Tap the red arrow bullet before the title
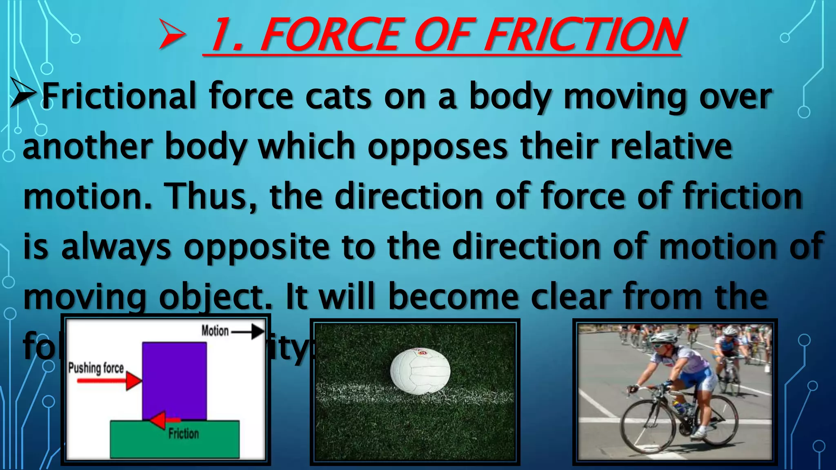coord(172,35)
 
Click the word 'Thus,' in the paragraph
coord(211,197)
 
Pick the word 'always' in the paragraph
coord(116,247)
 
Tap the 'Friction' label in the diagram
coord(184,433)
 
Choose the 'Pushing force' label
coord(96,368)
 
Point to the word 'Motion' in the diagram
coord(215,331)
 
